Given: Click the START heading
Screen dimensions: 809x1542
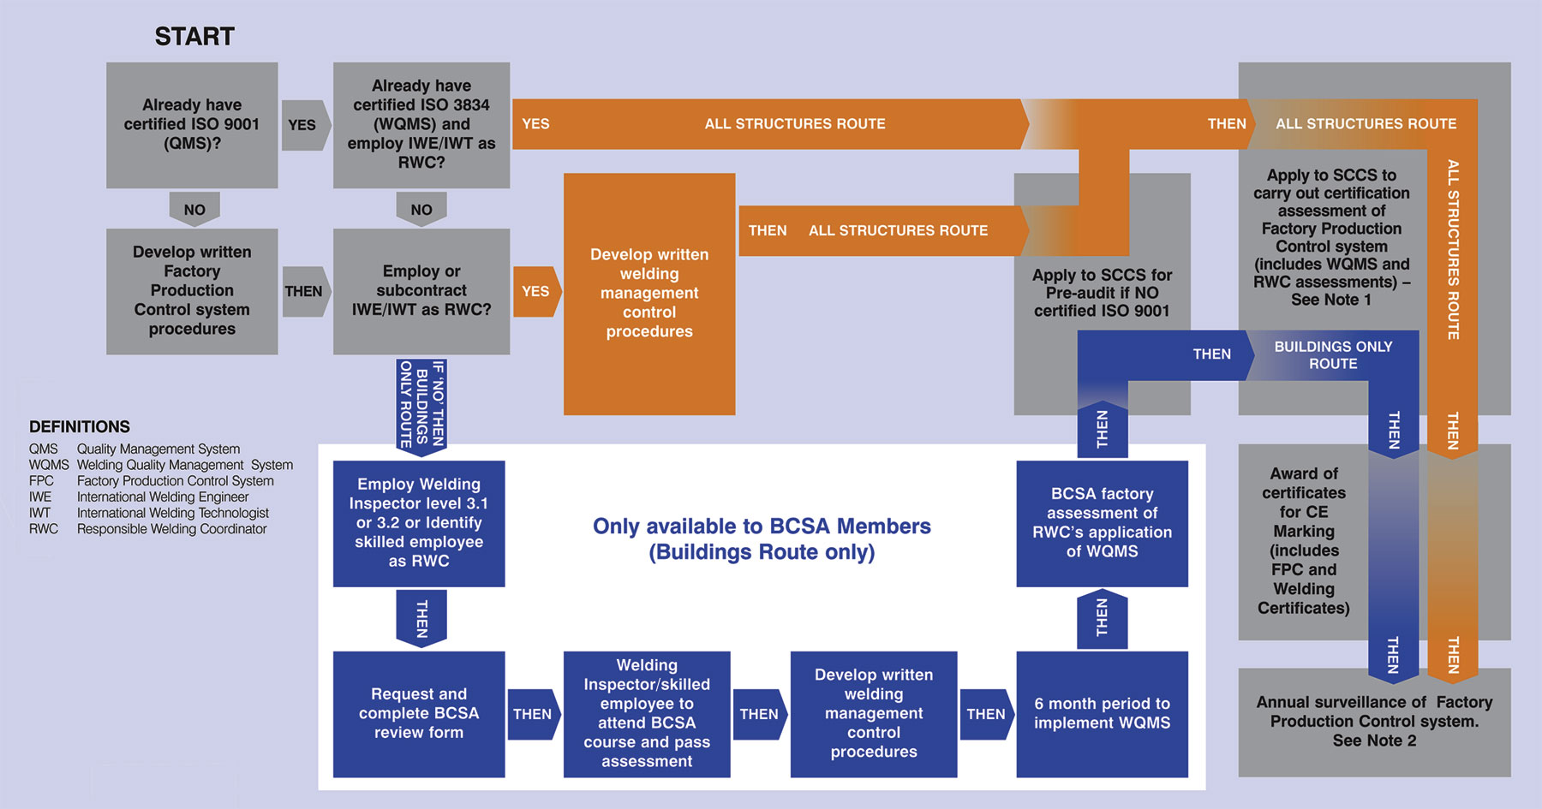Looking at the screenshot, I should coord(194,36).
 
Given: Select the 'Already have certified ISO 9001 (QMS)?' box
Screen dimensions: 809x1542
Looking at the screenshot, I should coord(192,125).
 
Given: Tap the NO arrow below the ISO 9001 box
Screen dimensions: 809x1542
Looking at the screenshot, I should coord(194,209).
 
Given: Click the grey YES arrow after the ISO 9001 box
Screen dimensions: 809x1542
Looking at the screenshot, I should coord(302,125).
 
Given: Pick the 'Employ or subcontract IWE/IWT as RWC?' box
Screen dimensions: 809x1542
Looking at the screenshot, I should coord(421,291).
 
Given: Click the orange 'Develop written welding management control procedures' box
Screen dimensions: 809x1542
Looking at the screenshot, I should coord(649,294).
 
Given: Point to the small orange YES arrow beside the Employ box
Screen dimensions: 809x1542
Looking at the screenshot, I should coord(536,291).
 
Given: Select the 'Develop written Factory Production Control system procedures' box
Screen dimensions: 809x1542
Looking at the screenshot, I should coord(192,291).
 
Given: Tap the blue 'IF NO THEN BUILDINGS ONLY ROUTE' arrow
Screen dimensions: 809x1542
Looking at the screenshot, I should coord(421,404).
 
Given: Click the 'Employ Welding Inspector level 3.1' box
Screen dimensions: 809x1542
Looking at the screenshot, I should coord(419,523).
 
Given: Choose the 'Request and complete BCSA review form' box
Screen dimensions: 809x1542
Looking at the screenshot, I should coord(419,714).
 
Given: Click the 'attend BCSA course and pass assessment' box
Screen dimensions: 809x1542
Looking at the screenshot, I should coord(647,714).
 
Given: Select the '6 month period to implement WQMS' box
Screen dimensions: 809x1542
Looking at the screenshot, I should coord(1102,714).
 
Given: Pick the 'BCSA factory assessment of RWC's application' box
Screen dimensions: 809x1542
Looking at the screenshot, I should coord(1102,523).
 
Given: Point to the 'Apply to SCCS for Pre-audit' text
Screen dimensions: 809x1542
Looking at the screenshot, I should coord(1102,293).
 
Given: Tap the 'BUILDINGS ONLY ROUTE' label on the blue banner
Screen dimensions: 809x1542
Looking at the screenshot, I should coord(1333,355).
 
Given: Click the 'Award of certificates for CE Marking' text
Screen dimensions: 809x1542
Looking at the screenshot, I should coord(1303,541).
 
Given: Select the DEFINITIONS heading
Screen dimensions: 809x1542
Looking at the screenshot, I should coord(80,426).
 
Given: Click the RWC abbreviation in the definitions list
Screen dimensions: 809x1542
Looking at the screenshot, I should coord(44,529).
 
